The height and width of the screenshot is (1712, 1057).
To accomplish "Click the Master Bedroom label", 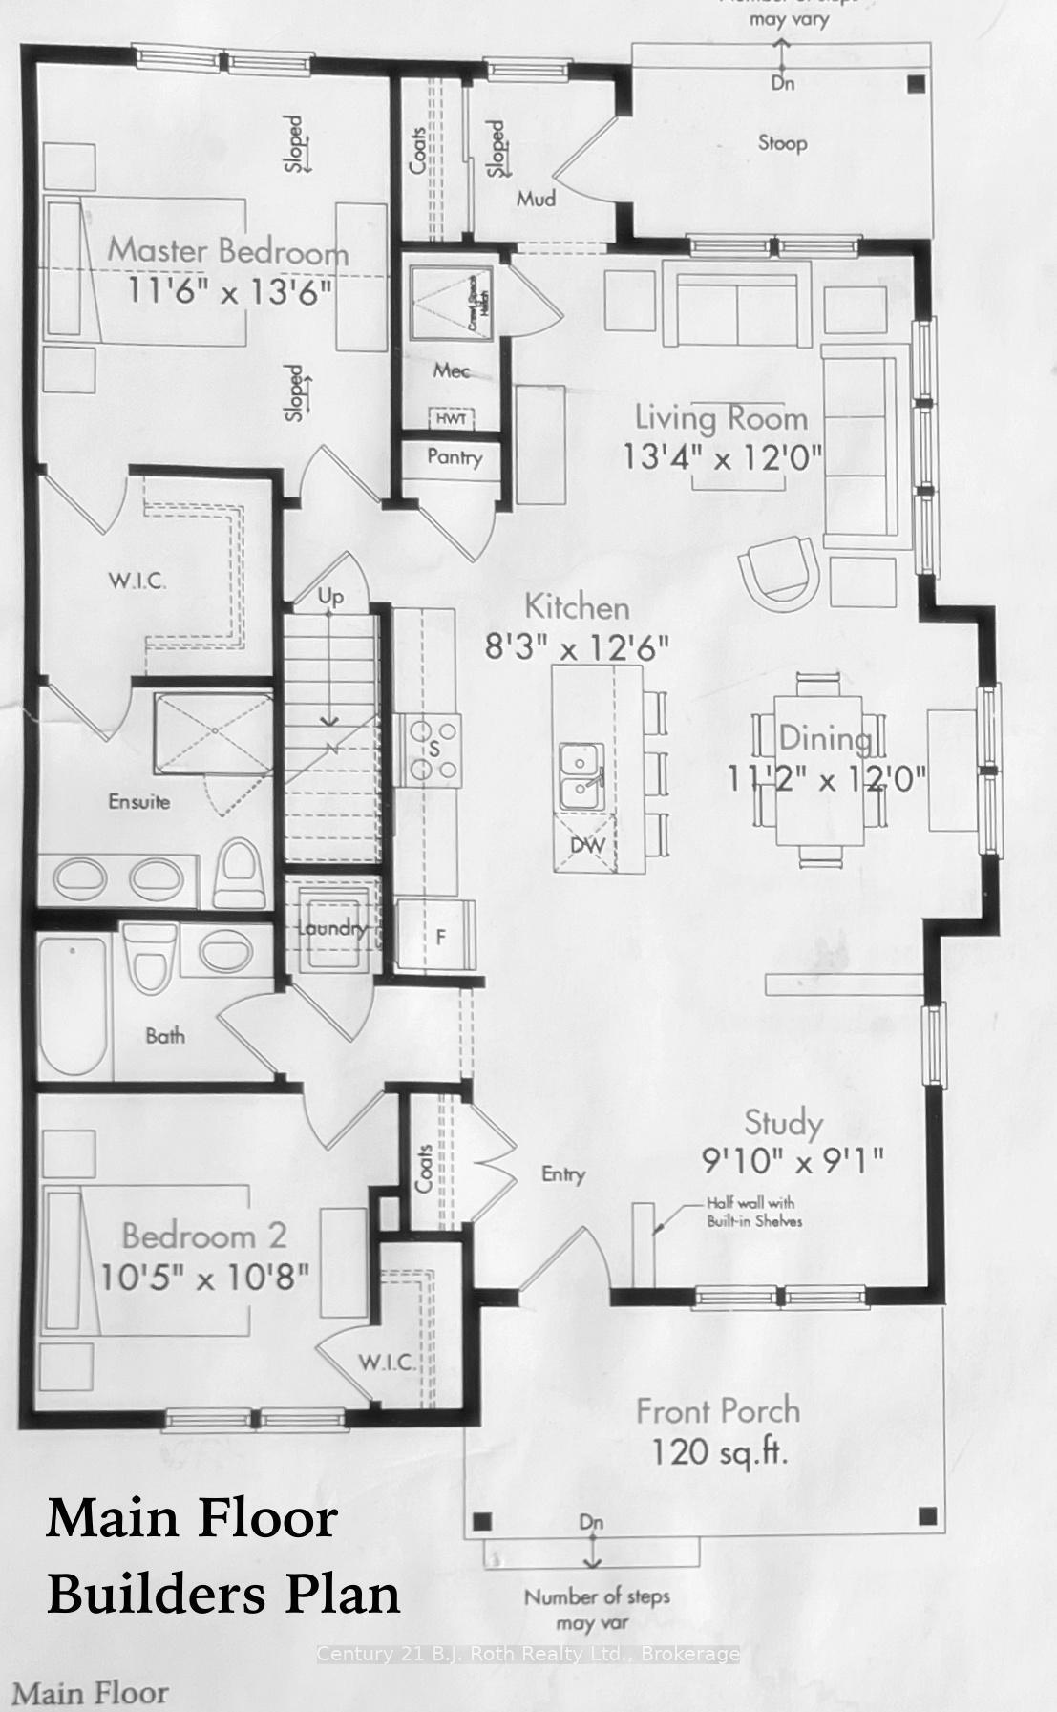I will click(x=227, y=251).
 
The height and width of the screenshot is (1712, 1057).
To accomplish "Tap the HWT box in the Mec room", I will click(x=447, y=419).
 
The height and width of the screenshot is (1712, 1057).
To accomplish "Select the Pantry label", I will click(x=455, y=457).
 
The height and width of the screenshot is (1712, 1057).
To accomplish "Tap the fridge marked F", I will click(x=440, y=937).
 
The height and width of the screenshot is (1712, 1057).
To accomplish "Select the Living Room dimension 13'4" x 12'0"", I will click(x=722, y=457).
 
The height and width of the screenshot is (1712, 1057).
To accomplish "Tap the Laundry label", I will click(x=330, y=928).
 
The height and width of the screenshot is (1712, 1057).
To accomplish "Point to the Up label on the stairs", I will click(x=330, y=597).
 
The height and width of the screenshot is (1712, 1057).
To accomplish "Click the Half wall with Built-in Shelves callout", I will click(x=750, y=1212).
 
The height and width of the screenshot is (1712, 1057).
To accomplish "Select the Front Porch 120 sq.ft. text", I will click(x=718, y=1431).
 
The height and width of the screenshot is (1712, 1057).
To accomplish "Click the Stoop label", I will click(x=782, y=143).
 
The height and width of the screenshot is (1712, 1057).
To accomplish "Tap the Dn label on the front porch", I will click(x=591, y=1522).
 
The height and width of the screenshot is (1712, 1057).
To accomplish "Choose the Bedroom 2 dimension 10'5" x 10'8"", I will click(x=204, y=1277).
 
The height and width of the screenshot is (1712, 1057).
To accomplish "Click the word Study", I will click(x=783, y=1124).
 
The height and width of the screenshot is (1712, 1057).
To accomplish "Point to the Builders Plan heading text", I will click(x=223, y=1594).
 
